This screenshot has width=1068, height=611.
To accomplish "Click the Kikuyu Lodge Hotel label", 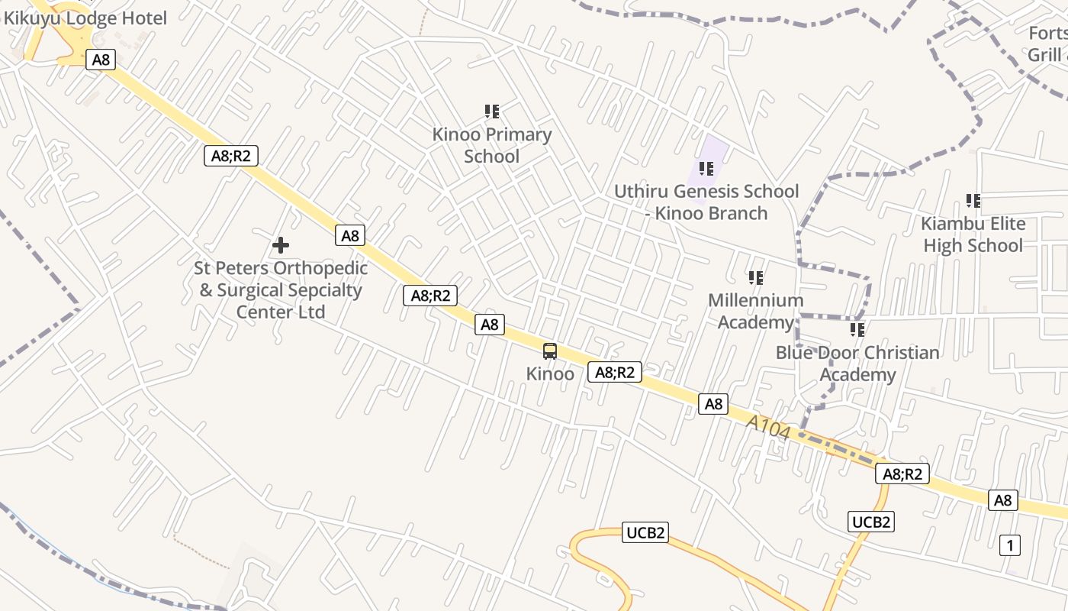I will click(85, 18).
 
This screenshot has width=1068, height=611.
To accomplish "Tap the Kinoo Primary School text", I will click(492, 145).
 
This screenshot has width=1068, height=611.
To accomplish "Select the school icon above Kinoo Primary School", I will click(492, 112).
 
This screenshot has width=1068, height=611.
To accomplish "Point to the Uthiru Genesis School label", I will click(706, 202).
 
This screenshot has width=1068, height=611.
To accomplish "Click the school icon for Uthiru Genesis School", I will click(706, 168).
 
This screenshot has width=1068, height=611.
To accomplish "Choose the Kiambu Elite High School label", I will click(973, 234).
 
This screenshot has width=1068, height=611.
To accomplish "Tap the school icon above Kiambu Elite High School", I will click(973, 201).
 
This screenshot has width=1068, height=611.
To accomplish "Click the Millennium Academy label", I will click(755, 311).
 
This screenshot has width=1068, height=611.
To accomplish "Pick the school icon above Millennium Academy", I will click(755, 278).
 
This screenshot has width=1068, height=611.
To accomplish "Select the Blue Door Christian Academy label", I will click(857, 364).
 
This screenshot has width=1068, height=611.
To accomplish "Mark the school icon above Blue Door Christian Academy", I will click(857, 330).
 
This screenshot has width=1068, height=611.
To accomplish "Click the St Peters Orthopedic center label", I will click(281, 290).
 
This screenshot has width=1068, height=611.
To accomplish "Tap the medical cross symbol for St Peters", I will click(281, 245).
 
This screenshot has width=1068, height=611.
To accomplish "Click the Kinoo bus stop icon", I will click(550, 351).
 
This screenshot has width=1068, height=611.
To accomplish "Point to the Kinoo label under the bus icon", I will click(550, 374).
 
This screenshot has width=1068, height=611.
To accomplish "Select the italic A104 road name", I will click(768, 428).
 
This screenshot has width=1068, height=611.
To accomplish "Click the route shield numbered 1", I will click(1010, 545).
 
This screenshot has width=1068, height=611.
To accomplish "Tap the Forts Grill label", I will click(1047, 44).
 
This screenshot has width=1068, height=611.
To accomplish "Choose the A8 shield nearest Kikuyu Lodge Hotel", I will click(101, 60).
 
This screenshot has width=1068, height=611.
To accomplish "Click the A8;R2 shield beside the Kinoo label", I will click(614, 372).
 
